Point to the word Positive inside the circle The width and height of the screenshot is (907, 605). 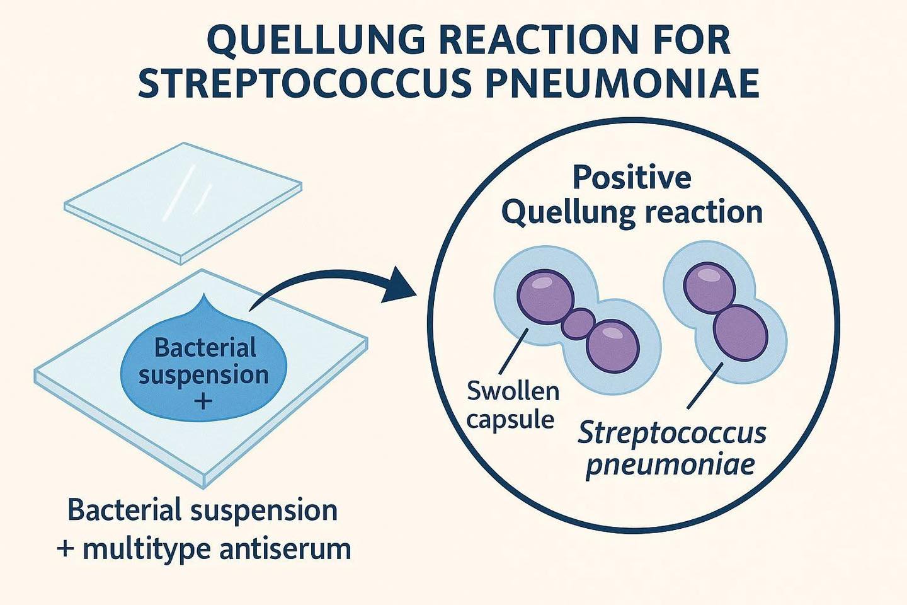[632, 178]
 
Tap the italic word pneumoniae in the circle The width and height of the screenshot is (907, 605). [670, 465]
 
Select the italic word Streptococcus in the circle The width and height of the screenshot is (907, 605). [672, 434]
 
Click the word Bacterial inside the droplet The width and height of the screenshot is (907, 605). [205, 347]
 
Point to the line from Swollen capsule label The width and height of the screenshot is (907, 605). [514, 351]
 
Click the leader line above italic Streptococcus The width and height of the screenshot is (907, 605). [705, 385]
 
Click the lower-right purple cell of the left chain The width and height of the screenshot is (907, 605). [613, 346]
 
